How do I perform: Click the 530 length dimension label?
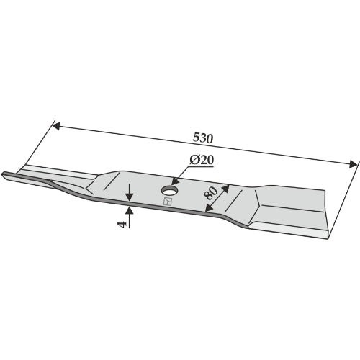(x=203, y=138)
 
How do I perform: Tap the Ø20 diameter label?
(x=202, y=160)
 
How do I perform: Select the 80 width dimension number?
(x=212, y=194)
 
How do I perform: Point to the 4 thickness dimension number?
(x=122, y=225)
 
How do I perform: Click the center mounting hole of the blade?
(x=169, y=191)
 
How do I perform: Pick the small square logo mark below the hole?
(x=167, y=202)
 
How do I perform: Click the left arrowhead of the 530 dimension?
(x=56, y=126)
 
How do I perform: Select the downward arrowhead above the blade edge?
(x=130, y=197)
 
